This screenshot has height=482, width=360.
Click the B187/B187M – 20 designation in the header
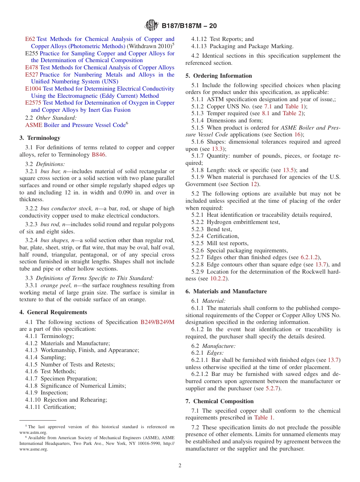click(x=189, y=26)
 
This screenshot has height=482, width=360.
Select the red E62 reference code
click(x=30, y=39)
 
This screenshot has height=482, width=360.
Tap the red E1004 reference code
click(x=33, y=89)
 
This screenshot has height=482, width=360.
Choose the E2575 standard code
click(x=33, y=103)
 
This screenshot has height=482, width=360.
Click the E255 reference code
click(x=31, y=53)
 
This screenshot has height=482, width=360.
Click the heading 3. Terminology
click(x=40, y=138)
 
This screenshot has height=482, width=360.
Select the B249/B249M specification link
click(x=157, y=322)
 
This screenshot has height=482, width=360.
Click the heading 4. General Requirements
click(x=53, y=312)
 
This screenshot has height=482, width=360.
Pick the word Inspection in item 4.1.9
click(x=54, y=393)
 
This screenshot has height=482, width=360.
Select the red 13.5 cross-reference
click(x=288, y=170)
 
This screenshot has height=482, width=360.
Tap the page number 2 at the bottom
click(x=180, y=466)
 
